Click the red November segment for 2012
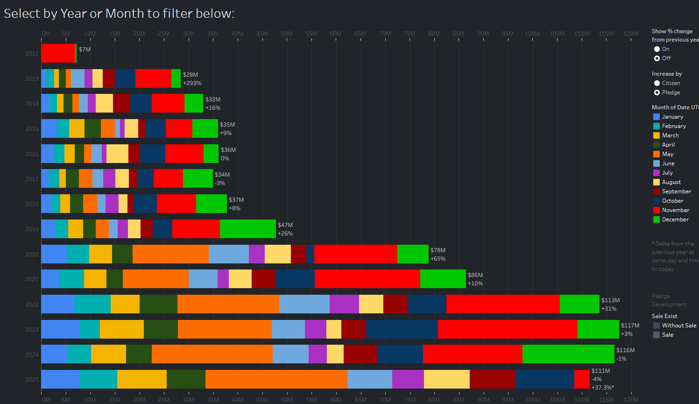pos(58,53)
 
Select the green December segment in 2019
pos(247,229)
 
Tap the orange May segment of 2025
pos(276,379)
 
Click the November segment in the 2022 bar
pos(503,304)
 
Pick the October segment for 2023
pos(402,329)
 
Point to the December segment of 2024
pos(568,354)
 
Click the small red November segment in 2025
pos(582,379)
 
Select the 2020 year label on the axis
pos(32,255)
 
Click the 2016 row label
pos(32,154)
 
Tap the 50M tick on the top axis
pos(287,34)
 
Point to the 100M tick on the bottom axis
pos(533,400)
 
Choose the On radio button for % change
pos(657,49)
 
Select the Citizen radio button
pos(657,83)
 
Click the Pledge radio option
pos(657,92)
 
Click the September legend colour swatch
pos(657,191)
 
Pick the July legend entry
pos(667,173)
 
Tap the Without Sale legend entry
pos(678,326)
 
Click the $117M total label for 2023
pos(630,326)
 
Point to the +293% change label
pos(192,83)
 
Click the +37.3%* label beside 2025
pos(602,388)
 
